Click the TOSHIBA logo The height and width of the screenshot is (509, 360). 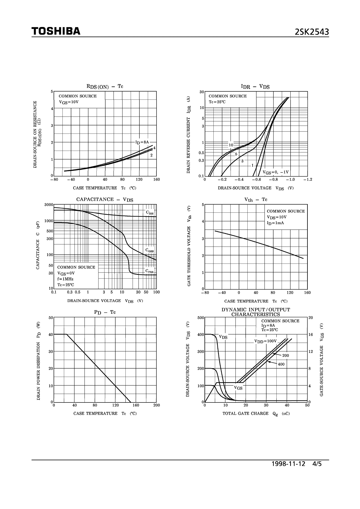tap(56, 31)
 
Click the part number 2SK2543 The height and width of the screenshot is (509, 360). tap(312, 32)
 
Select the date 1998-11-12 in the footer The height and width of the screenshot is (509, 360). tap(288, 464)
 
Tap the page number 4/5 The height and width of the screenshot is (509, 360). tap(317, 464)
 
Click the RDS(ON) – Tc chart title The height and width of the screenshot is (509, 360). tap(105, 86)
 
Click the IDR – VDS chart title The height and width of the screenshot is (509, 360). tap(255, 86)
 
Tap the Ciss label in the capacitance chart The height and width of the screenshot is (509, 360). tap(150, 213)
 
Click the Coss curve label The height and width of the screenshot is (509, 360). tap(150, 250)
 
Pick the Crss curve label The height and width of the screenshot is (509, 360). tap(150, 271)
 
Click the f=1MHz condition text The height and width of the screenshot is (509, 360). tap(65, 279)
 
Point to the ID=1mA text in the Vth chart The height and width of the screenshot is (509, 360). tap(275, 223)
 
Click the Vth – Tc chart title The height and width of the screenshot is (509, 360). tap(256, 199)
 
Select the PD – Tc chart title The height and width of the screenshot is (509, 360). tap(105, 312)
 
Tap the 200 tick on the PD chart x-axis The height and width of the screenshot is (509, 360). tap(156, 405)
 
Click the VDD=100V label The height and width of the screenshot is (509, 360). tap(266, 341)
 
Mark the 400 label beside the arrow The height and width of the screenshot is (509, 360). tap(281, 364)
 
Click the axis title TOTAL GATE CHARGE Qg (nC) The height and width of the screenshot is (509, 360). tap(256, 414)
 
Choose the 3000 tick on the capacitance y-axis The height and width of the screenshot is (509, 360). tap(48, 205)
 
